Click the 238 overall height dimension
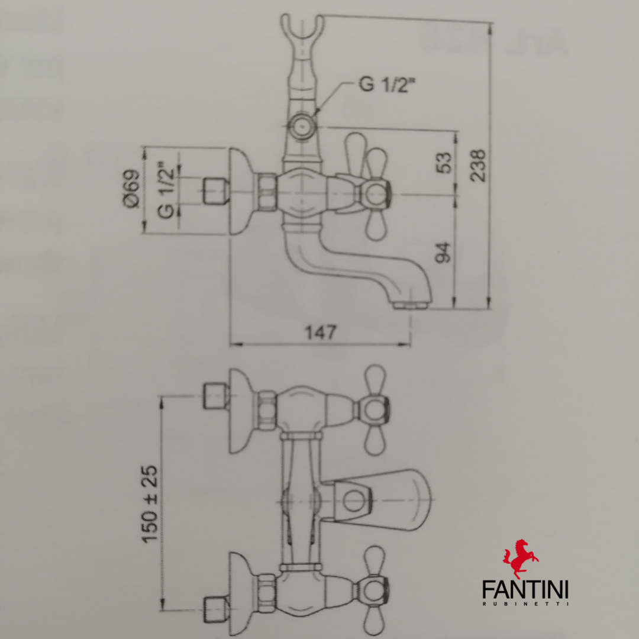[x=478, y=164]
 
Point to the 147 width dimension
[x=320, y=333]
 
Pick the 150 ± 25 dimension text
[x=150, y=504]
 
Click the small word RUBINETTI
[x=525, y=604]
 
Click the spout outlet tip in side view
[x=409, y=305]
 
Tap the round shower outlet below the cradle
[x=302, y=126]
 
